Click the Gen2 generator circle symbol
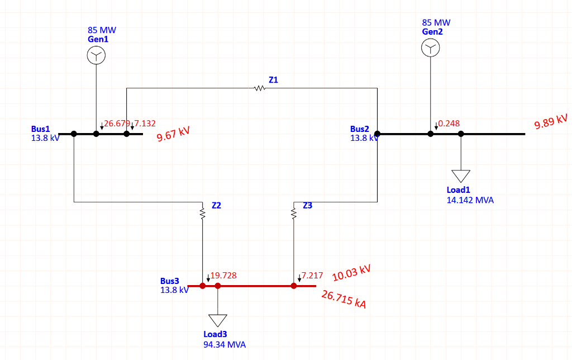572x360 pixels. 430,49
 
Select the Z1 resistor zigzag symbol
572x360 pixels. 259,88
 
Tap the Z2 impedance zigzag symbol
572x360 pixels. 202,212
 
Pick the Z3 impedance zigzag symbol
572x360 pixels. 293,212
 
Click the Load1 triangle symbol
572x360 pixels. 461,176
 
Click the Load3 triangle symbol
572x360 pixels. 218,320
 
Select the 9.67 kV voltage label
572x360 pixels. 173,134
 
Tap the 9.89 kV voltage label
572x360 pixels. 551,121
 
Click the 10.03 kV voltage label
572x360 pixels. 351,273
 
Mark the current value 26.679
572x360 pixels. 117,124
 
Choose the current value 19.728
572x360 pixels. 223,276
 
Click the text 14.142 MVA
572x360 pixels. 470,200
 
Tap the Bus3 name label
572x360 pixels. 170,281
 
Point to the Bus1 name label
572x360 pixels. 40,129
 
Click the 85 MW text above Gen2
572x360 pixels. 436,23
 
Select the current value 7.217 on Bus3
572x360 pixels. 312,276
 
